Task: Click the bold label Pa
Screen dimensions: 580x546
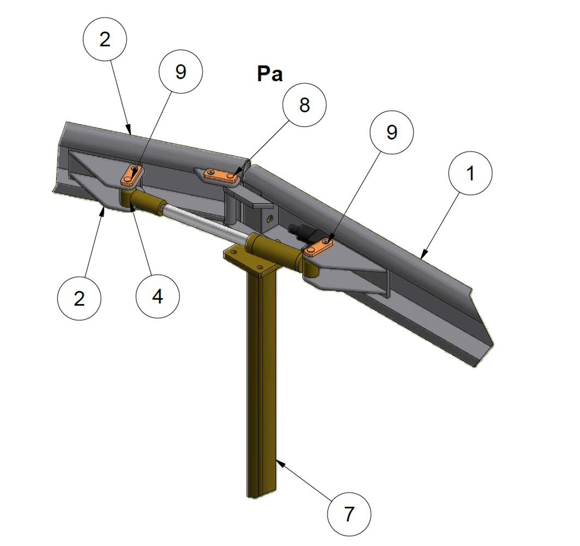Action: [x=270, y=74]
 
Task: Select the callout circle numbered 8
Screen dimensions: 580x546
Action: [x=304, y=105]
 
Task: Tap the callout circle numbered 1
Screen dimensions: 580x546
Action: [x=470, y=173]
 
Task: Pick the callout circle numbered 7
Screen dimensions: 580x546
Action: [x=349, y=514]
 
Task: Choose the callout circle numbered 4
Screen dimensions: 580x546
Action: [x=158, y=296]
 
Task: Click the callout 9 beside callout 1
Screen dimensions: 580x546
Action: [x=391, y=132]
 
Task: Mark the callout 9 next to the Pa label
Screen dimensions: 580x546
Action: [x=181, y=72]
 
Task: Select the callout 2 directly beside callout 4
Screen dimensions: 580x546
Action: [x=79, y=298]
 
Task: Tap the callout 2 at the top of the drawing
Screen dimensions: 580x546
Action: [x=105, y=39]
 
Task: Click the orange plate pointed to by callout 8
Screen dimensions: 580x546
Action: [x=221, y=175]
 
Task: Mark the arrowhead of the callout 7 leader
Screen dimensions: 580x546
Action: [x=279, y=461]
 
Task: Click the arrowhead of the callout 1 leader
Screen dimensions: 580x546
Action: [x=424, y=255]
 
